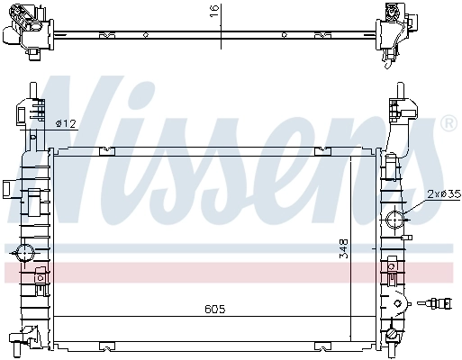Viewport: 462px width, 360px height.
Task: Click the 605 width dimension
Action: pos(213,309)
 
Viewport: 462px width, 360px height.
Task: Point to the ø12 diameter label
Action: pos(65,123)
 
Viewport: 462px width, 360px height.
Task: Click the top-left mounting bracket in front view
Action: pos(27,112)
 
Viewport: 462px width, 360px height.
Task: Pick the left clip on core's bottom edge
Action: pos(107,344)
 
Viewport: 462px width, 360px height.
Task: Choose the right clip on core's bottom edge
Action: pos(322,344)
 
